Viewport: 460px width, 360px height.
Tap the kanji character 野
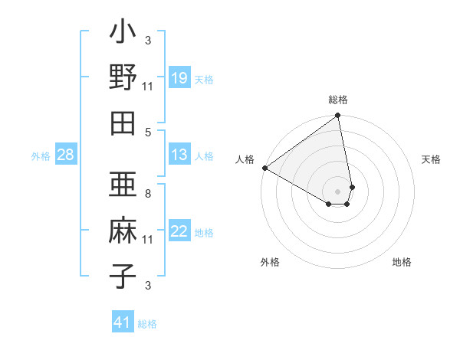tap(123, 78)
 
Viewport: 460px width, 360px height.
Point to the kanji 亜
tap(123, 188)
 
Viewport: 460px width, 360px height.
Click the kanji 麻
tap(123, 231)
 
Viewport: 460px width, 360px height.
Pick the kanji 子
tap(123, 275)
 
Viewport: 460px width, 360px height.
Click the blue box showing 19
tap(179, 78)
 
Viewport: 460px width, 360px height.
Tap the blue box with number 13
tap(179, 155)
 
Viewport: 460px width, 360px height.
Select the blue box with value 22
tap(179, 232)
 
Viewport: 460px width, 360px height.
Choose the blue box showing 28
tap(66, 155)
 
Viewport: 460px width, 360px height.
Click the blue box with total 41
tap(123, 322)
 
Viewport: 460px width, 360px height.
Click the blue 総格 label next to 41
tap(147, 324)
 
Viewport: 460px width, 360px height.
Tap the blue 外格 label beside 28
tap(41, 156)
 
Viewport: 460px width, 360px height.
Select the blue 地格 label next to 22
tap(204, 233)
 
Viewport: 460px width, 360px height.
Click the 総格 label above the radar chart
tap(338, 100)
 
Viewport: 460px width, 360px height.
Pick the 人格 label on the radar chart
tap(245, 159)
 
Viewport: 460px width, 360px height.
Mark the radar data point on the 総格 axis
tap(338, 116)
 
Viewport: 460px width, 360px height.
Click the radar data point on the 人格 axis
tap(264, 168)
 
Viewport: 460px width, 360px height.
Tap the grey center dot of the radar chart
tap(338, 191)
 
